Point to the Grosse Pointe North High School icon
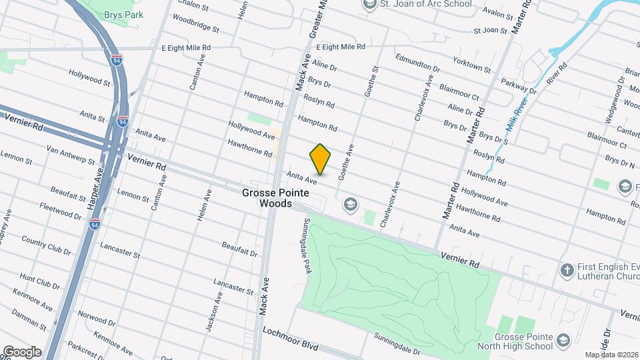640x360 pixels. (564, 341)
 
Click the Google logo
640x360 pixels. (21, 351)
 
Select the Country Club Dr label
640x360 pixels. (45, 245)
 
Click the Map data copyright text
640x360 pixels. (611, 355)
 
